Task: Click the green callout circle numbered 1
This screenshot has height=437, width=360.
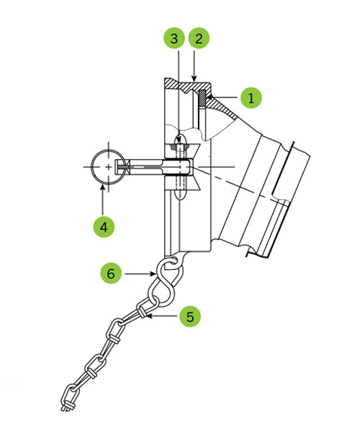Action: (x=251, y=98)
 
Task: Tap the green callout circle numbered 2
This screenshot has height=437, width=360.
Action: (x=199, y=38)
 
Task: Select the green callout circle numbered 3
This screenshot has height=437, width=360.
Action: (x=174, y=38)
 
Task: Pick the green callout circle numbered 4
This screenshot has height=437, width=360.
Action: (x=104, y=227)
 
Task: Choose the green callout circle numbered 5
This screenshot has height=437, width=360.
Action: (x=190, y=316)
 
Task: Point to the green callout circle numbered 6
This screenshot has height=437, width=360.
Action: (x=111, y=274)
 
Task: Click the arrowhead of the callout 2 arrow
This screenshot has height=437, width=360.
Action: (x=194, y=78)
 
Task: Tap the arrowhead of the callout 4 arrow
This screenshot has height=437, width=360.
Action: (x=103, y=188)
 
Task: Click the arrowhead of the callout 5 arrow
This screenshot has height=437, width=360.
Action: (x=149, y=316)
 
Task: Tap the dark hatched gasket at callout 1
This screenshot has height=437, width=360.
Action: (x=202, y=98)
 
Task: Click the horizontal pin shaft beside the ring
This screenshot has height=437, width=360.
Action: (x=145, y=167)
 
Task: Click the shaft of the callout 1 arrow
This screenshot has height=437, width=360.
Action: (x=225, y=97)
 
